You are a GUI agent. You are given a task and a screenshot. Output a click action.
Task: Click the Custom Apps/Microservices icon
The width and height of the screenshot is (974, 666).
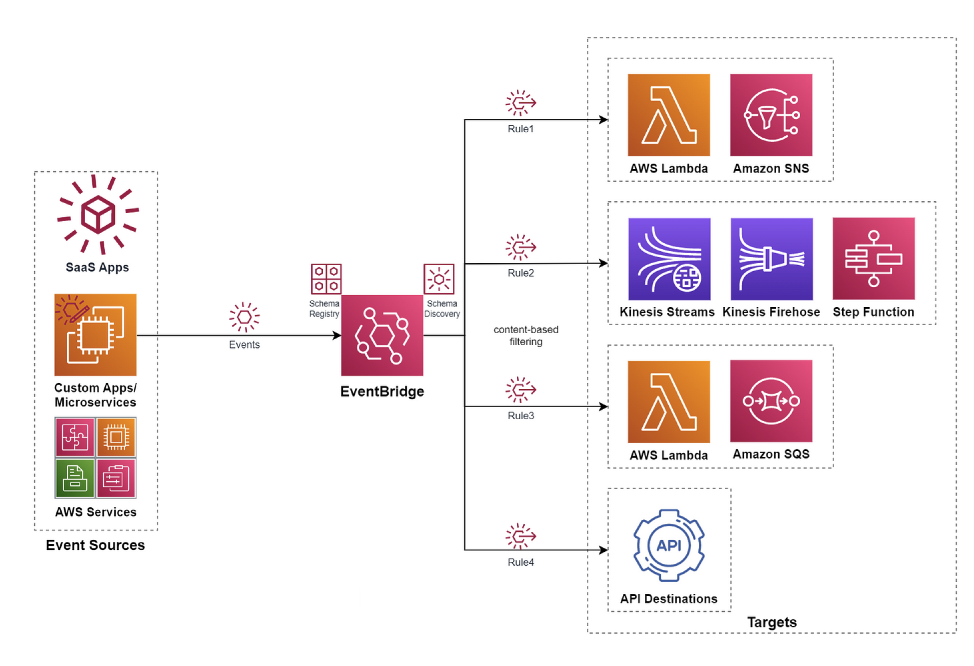[96, 335]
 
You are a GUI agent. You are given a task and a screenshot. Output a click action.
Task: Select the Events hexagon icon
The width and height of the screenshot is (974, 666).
[244, 317]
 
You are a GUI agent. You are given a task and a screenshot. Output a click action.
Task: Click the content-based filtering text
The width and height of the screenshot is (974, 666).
[526, 335]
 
